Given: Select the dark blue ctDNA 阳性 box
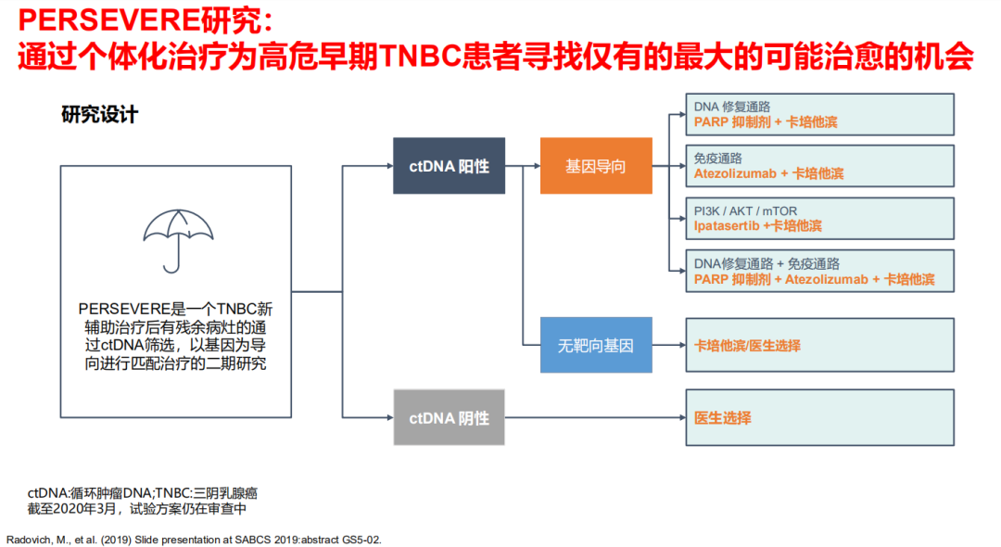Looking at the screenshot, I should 449,167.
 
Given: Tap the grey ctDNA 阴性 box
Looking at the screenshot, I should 449,418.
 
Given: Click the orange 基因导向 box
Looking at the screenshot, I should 595,167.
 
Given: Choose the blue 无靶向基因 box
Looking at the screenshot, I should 595,346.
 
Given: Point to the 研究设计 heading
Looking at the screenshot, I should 99,115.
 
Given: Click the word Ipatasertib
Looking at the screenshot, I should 728,225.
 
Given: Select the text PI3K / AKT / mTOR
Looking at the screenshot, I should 745,210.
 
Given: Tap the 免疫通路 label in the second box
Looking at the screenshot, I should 718,159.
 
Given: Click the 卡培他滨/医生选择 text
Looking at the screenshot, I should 747,346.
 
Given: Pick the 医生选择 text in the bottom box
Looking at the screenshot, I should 723,418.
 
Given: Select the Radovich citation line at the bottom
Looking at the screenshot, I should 194,539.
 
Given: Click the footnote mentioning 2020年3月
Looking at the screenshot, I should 136,509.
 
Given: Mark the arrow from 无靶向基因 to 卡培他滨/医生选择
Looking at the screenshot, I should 667,346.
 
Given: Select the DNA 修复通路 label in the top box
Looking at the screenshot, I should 732,106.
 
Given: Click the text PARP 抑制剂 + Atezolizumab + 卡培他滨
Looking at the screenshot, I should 815,279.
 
